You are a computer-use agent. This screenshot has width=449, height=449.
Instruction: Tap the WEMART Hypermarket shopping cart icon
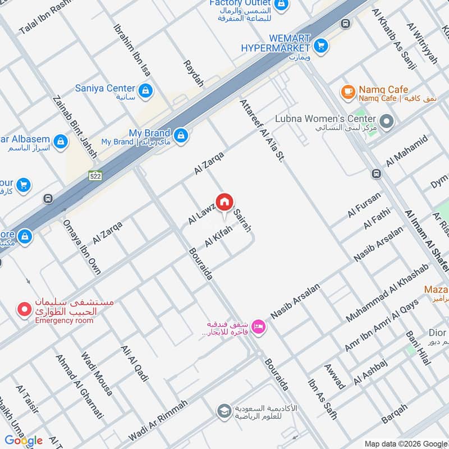[321, 45]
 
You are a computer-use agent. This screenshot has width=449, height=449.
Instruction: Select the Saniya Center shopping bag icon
[145, 90]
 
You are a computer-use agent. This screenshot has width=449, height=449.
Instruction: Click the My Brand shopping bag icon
[181, 135]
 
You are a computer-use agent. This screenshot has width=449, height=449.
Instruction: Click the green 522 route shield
[95, 176]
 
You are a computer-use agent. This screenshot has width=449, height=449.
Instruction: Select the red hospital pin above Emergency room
[24, 309]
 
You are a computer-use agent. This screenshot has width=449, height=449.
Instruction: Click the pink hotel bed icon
[258, 326]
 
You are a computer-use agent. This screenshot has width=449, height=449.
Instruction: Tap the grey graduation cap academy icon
[224, 411]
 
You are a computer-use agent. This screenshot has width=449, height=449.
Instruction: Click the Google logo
[24, 441]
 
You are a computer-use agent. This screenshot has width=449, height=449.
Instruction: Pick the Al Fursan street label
[364, 205]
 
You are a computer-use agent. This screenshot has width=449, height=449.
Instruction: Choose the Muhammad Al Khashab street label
[387, 292]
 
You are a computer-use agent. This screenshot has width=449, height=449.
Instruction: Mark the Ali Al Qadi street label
[135, 363]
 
